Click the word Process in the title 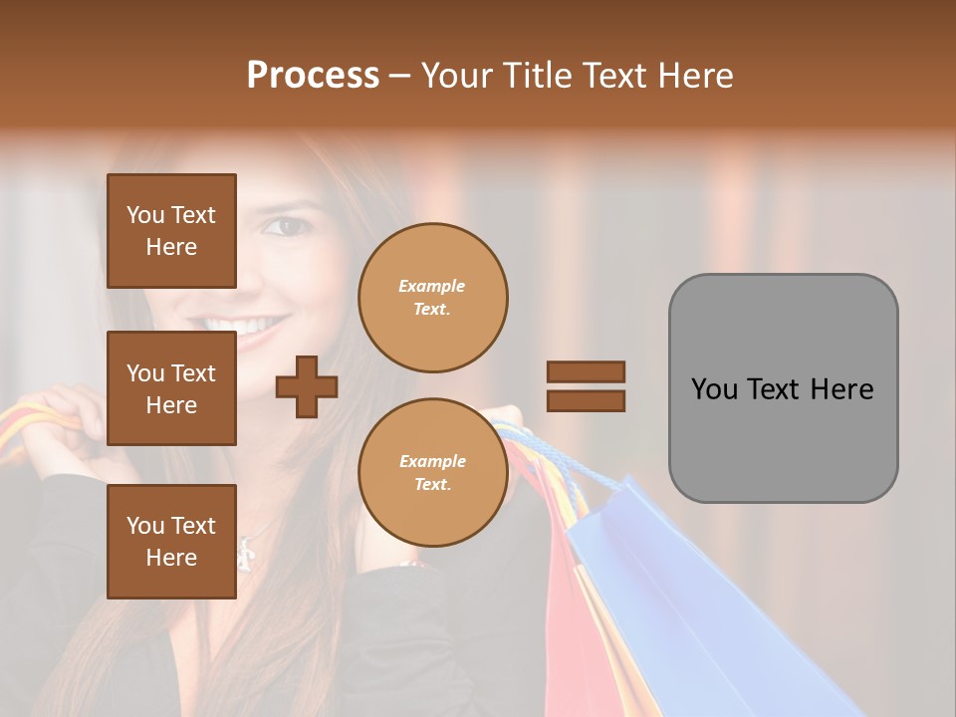tap(313, 76)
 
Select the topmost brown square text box tap(171, 231)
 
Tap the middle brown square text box tap(171, 388)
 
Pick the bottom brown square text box tap(171, 541)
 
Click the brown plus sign tap(307, 386)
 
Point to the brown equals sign tap(586, 386)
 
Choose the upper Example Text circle tap(432, 298)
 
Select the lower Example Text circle tap(432, 473)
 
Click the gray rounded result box tap(783, 388)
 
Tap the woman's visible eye tap(289, 227)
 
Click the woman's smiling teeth tap(245, 327)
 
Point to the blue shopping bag tap(687, 597)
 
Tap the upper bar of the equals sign tap(586, 372)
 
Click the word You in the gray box tap(716, 389)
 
